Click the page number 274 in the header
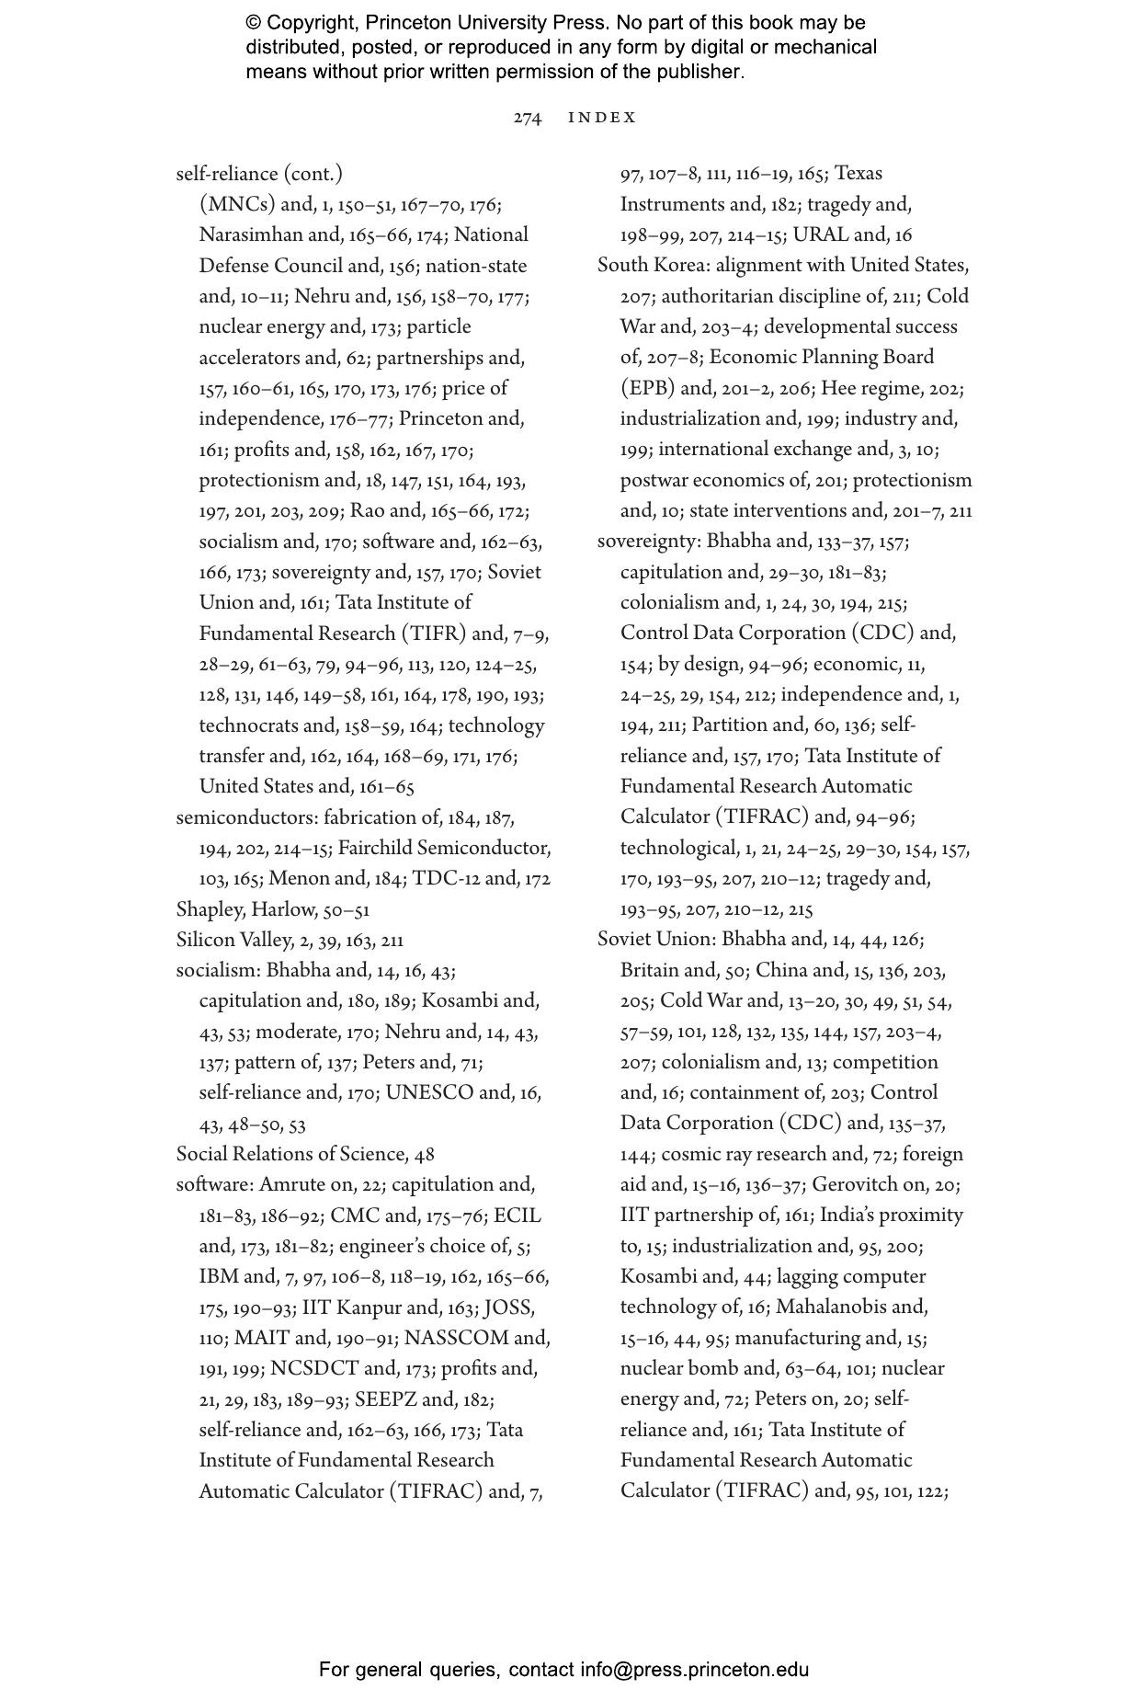point(527,118)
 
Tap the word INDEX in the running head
point(602,118)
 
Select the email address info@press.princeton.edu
point(694,1669)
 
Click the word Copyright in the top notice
point(309,22)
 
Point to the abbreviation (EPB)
point(647,388)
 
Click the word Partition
point(735,725)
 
